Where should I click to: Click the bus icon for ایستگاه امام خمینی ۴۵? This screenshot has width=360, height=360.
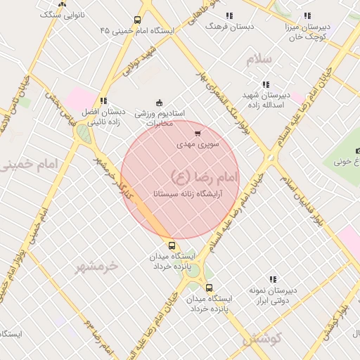pos(136,20)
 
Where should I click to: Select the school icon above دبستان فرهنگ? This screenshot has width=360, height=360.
pos(229,15)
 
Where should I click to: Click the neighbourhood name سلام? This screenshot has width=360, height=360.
pos(259,59)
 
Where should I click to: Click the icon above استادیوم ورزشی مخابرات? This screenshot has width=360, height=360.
pos(159,103)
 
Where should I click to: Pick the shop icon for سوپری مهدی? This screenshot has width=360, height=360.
pos(198,133)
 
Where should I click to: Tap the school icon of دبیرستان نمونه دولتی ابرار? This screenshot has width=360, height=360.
pos(273,279)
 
